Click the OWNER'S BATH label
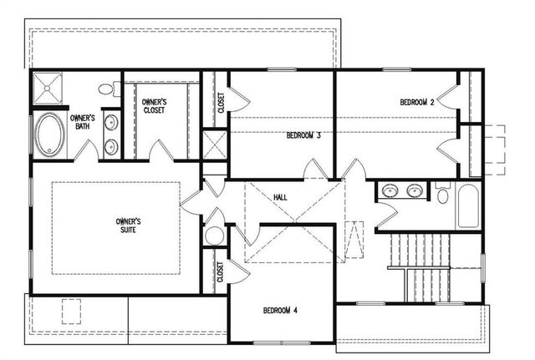[82, 123]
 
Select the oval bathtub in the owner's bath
[47, 134]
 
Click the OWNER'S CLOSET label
[153, 105]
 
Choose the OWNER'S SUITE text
[129, 226]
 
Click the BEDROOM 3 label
[303, 134]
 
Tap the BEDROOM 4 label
[281, 311]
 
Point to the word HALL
[281, 197]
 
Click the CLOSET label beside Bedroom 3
[221, 101]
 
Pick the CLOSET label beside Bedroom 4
[220, 272]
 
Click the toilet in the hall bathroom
[442, 195]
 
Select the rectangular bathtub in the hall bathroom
[467, 207]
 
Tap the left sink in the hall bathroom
[390, 191]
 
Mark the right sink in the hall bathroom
[414, 191]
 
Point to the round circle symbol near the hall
[213, 236]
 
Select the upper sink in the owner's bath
[111, 122]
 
